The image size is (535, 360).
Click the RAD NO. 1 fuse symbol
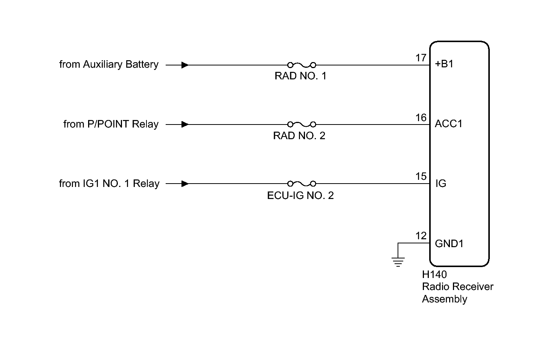[301, 65]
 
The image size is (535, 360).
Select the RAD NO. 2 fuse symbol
[301, 124]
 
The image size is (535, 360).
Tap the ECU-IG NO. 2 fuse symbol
[301, 184]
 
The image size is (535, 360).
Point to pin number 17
[421, 58]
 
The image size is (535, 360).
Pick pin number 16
[421, 118]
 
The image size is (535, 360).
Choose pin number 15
[421, 176]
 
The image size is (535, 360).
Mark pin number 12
[421, 236]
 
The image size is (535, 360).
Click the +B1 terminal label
[444, 64]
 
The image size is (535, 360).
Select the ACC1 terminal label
[448, 124]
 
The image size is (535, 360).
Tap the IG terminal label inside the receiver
[440, 184]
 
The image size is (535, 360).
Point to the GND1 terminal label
[449, 243]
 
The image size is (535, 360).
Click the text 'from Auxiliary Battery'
[109, 65]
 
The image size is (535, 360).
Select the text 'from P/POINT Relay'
[111, 124]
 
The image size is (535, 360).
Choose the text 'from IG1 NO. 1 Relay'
[109, 184]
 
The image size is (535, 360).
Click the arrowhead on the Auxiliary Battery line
[185, 65]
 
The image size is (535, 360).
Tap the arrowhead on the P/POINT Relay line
[185, 124]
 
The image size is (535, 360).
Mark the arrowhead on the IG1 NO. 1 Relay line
[185, 184]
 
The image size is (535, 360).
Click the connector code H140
[434, 275]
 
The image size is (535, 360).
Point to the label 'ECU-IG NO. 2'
[300, 196]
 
